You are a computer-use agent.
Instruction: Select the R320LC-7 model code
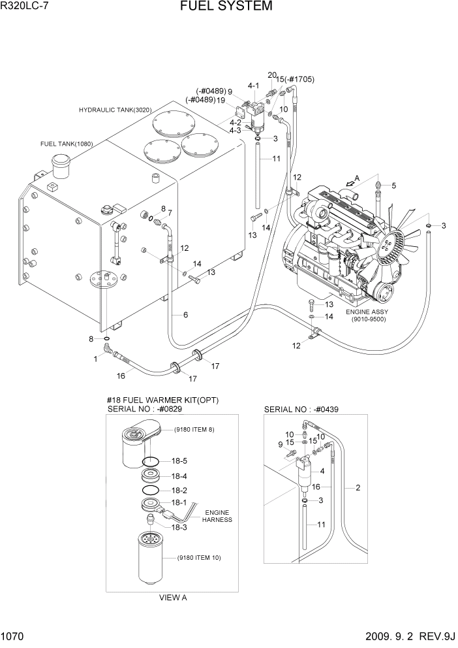25,7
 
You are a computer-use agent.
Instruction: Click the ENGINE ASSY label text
369,312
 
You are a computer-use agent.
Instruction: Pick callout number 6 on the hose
185,315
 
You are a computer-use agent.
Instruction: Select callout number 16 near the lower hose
121,376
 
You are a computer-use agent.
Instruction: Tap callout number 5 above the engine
393,186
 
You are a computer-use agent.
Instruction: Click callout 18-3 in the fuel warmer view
179,526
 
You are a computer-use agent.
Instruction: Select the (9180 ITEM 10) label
201,559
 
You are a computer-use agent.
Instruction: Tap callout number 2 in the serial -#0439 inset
357,488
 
